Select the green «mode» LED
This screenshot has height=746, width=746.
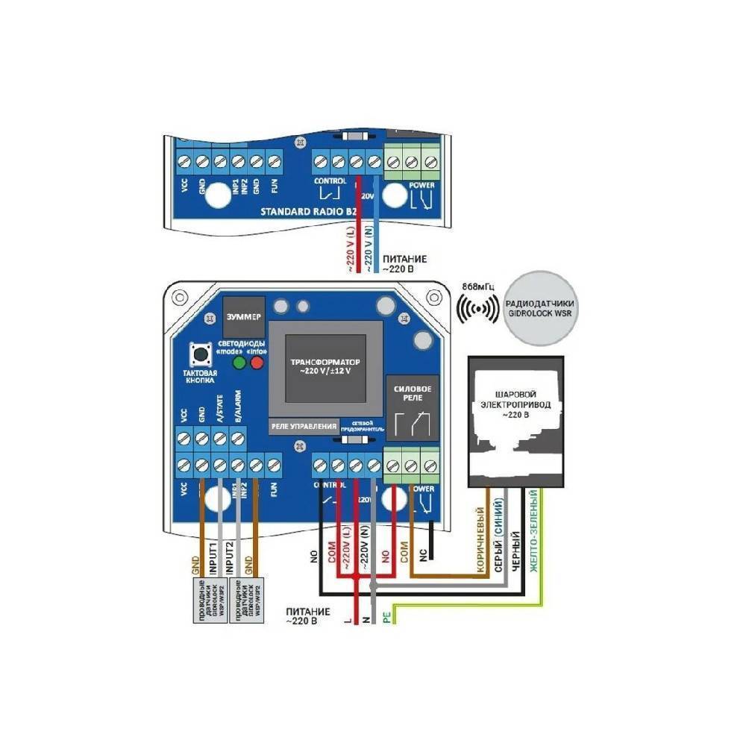(x=239, y=363)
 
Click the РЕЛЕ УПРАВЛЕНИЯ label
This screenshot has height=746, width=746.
(x=303, y=426)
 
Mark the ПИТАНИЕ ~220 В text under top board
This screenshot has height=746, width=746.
(x=405, y=263)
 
